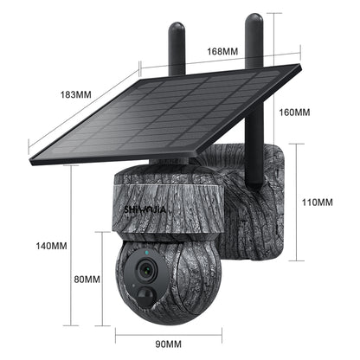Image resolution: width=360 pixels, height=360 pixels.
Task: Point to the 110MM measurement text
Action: pos(317,202)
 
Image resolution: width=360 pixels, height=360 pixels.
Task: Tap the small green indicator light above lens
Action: pos(149,252)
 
